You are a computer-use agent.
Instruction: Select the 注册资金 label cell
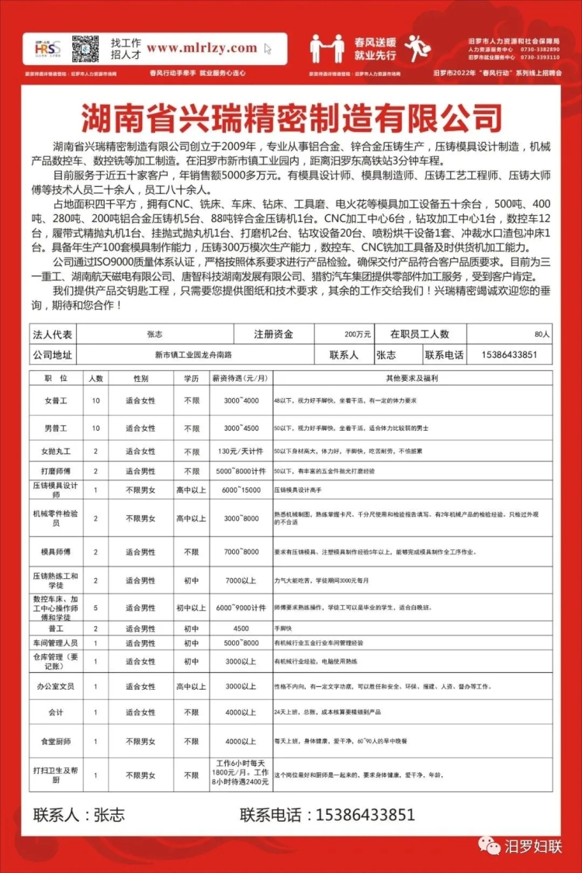coord(273,334)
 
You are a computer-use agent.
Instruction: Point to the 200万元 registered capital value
coord(358,334)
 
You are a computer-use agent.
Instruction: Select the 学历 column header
coord(191,379)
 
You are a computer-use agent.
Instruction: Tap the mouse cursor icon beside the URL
coord(268,49)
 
